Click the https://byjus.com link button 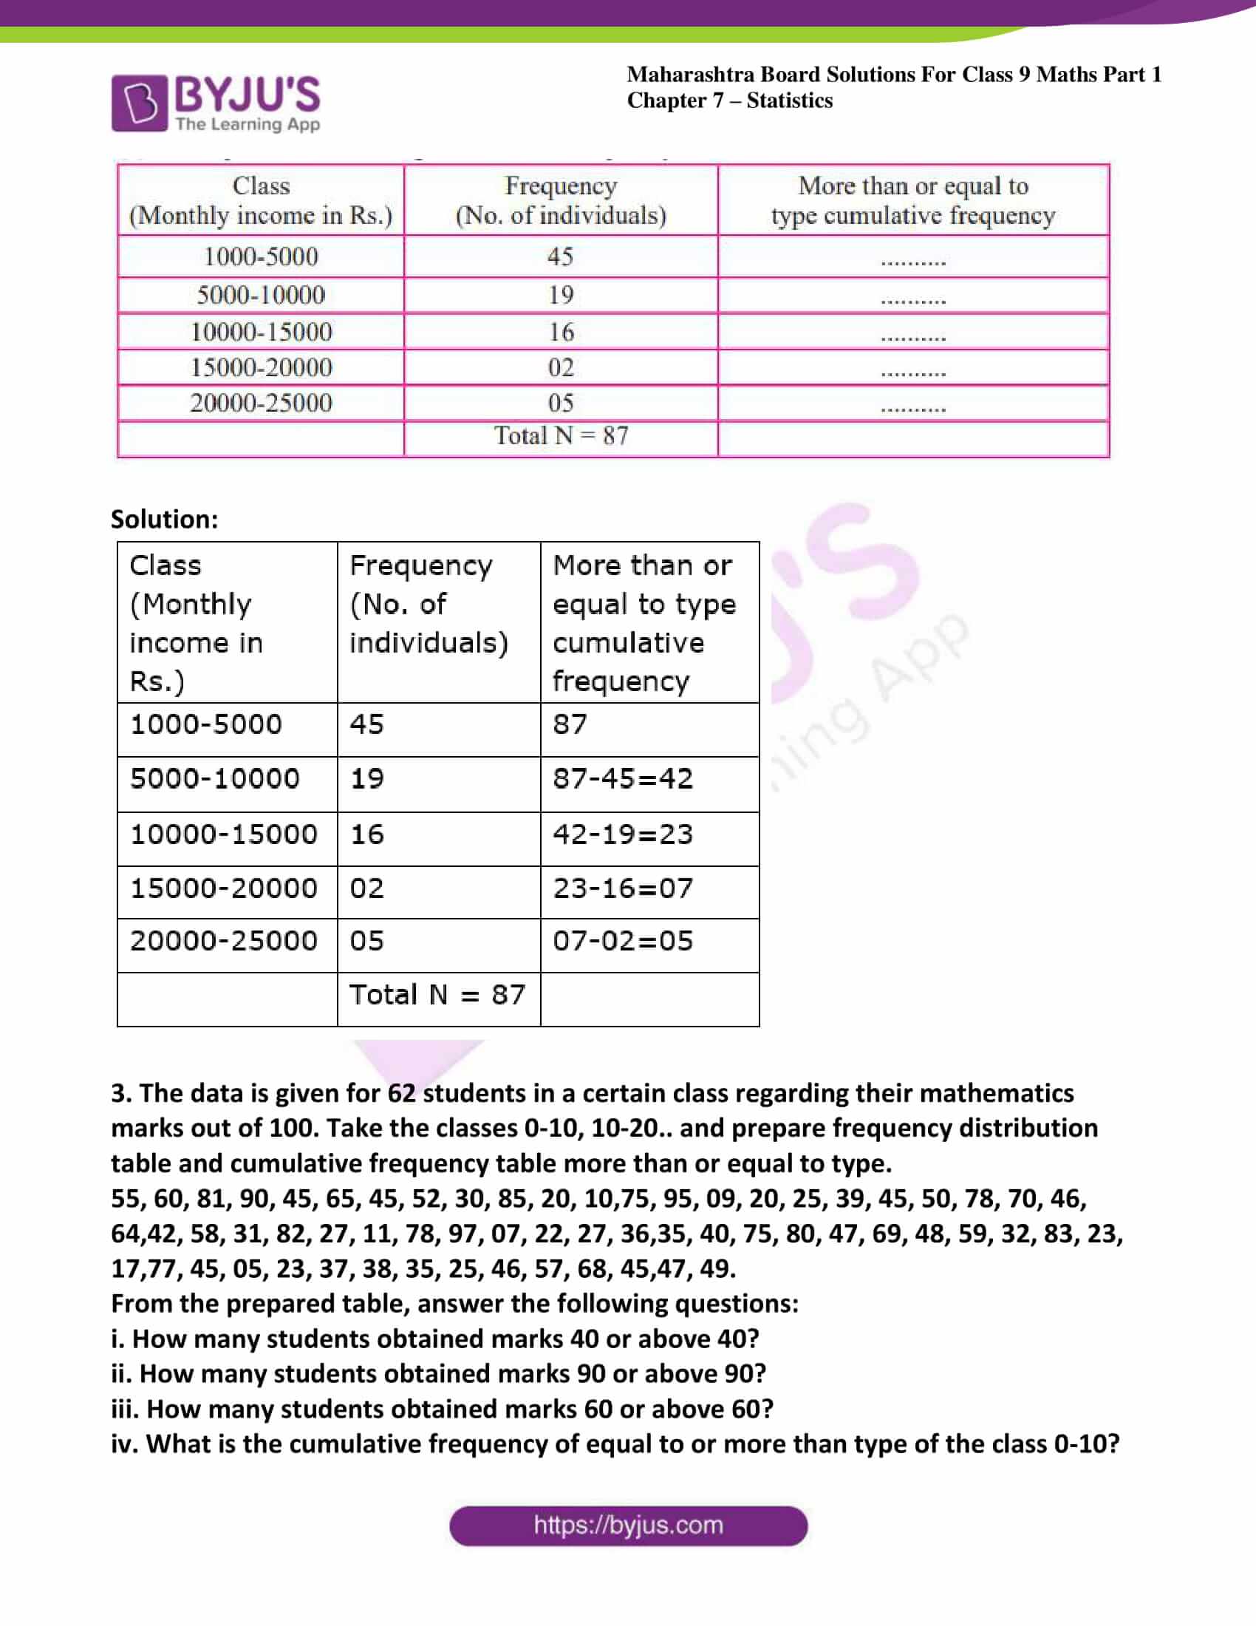628,1525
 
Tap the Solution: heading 165,519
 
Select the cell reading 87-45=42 622,779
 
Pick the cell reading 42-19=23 622,834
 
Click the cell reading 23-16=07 622,888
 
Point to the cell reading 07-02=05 622,941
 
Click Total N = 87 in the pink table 561,435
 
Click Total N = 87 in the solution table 437,995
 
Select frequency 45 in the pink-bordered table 560,257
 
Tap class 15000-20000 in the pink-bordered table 261,367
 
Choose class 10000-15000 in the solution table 223,834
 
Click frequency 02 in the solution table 367,888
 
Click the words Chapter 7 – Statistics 729,101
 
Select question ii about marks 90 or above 438,1374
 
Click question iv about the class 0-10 615,1443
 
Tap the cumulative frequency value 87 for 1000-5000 569,724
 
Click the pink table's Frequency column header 560,200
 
